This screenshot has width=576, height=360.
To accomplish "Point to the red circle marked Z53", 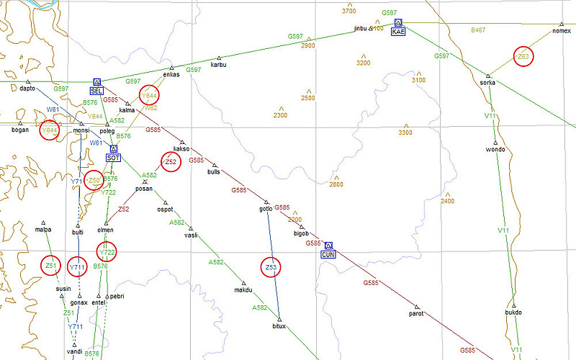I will [x=271, y=268].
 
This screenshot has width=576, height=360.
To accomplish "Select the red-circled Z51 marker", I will [x=50, y=266].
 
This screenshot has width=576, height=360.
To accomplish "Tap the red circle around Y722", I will [x=107, y=253].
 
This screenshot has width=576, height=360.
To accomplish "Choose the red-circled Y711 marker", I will [x=78, y=267].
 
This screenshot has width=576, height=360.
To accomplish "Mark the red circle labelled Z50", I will [x=94, y=180].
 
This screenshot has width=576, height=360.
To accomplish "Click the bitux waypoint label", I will [x=279, y=326].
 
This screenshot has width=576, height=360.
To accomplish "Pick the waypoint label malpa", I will [x=43, y=230].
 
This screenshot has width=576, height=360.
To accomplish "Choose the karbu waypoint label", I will [x=218, y=65].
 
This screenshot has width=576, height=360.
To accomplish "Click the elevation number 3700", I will [x=349, y=12].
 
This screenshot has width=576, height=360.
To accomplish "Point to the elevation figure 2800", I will [x=336, y=185].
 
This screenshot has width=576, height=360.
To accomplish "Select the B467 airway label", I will [x=478, y=30].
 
